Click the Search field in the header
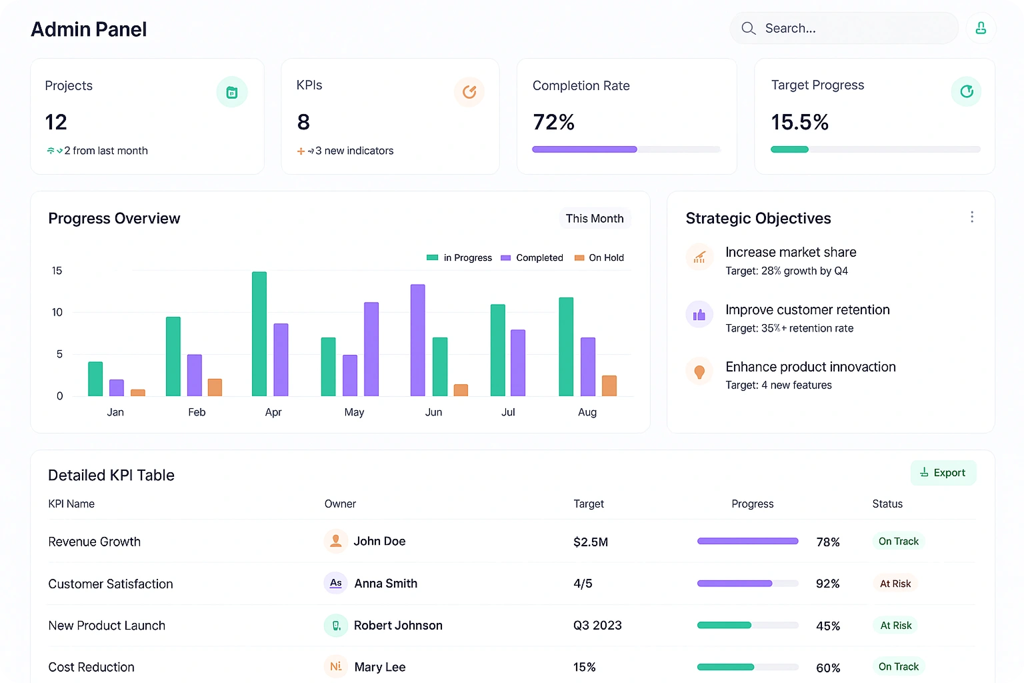click(843, 29)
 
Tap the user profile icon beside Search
click(981, 28)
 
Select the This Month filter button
click(595, 219)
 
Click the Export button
click(943, 473)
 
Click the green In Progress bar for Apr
click(259, 333)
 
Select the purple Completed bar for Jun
click(418, 340)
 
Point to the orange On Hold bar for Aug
click(609, 386)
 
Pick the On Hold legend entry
click(599, 258)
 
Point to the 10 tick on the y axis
click(57, 312)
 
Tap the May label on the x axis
click(354, 412)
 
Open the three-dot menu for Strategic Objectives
click(972, 217)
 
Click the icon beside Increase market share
click(699, 257)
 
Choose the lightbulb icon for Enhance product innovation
click(699, 372)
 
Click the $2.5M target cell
click(591, 542)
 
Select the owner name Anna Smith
click(385, 584)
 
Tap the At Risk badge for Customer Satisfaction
click(895, 584)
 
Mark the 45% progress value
click(828, 626)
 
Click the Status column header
click(887, 504)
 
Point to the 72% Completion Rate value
click(553, 122)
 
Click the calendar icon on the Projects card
click(232, 93)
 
